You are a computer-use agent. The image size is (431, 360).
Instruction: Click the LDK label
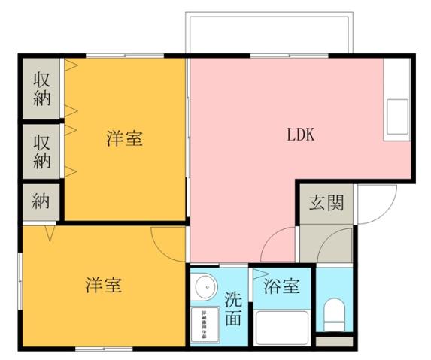[299, 135]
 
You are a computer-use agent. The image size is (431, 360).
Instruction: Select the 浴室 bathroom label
[282, 286]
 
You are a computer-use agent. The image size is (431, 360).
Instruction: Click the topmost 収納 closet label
[42, 89]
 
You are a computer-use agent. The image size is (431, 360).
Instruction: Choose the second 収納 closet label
[42, 151]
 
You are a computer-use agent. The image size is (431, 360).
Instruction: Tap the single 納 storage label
[42, 201]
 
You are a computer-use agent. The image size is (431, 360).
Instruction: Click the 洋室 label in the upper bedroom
[124, 138]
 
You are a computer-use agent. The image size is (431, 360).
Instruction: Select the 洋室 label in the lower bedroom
[103, 286]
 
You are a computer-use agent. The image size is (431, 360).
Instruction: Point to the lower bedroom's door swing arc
[165, 241]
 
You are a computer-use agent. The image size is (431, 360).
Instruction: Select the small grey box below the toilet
[332, 342]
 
